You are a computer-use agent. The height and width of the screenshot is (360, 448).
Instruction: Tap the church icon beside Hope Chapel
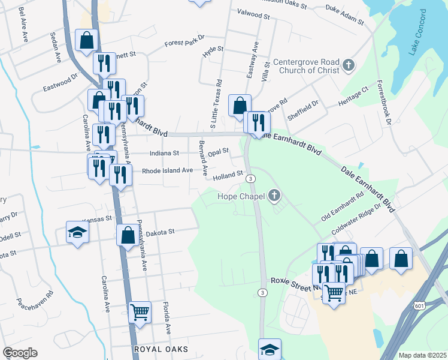(274, 196)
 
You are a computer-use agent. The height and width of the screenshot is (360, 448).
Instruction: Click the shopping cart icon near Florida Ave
(140, 311)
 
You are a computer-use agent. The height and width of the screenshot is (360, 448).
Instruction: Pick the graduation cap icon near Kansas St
(77, 232)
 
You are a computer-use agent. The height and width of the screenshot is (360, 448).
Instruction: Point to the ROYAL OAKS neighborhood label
(161, 349)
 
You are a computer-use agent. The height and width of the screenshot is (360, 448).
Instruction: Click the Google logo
(20, 353)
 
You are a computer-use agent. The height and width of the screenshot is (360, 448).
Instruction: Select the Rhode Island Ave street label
(167, 170)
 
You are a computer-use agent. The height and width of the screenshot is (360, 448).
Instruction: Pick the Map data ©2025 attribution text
(422, 355)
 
